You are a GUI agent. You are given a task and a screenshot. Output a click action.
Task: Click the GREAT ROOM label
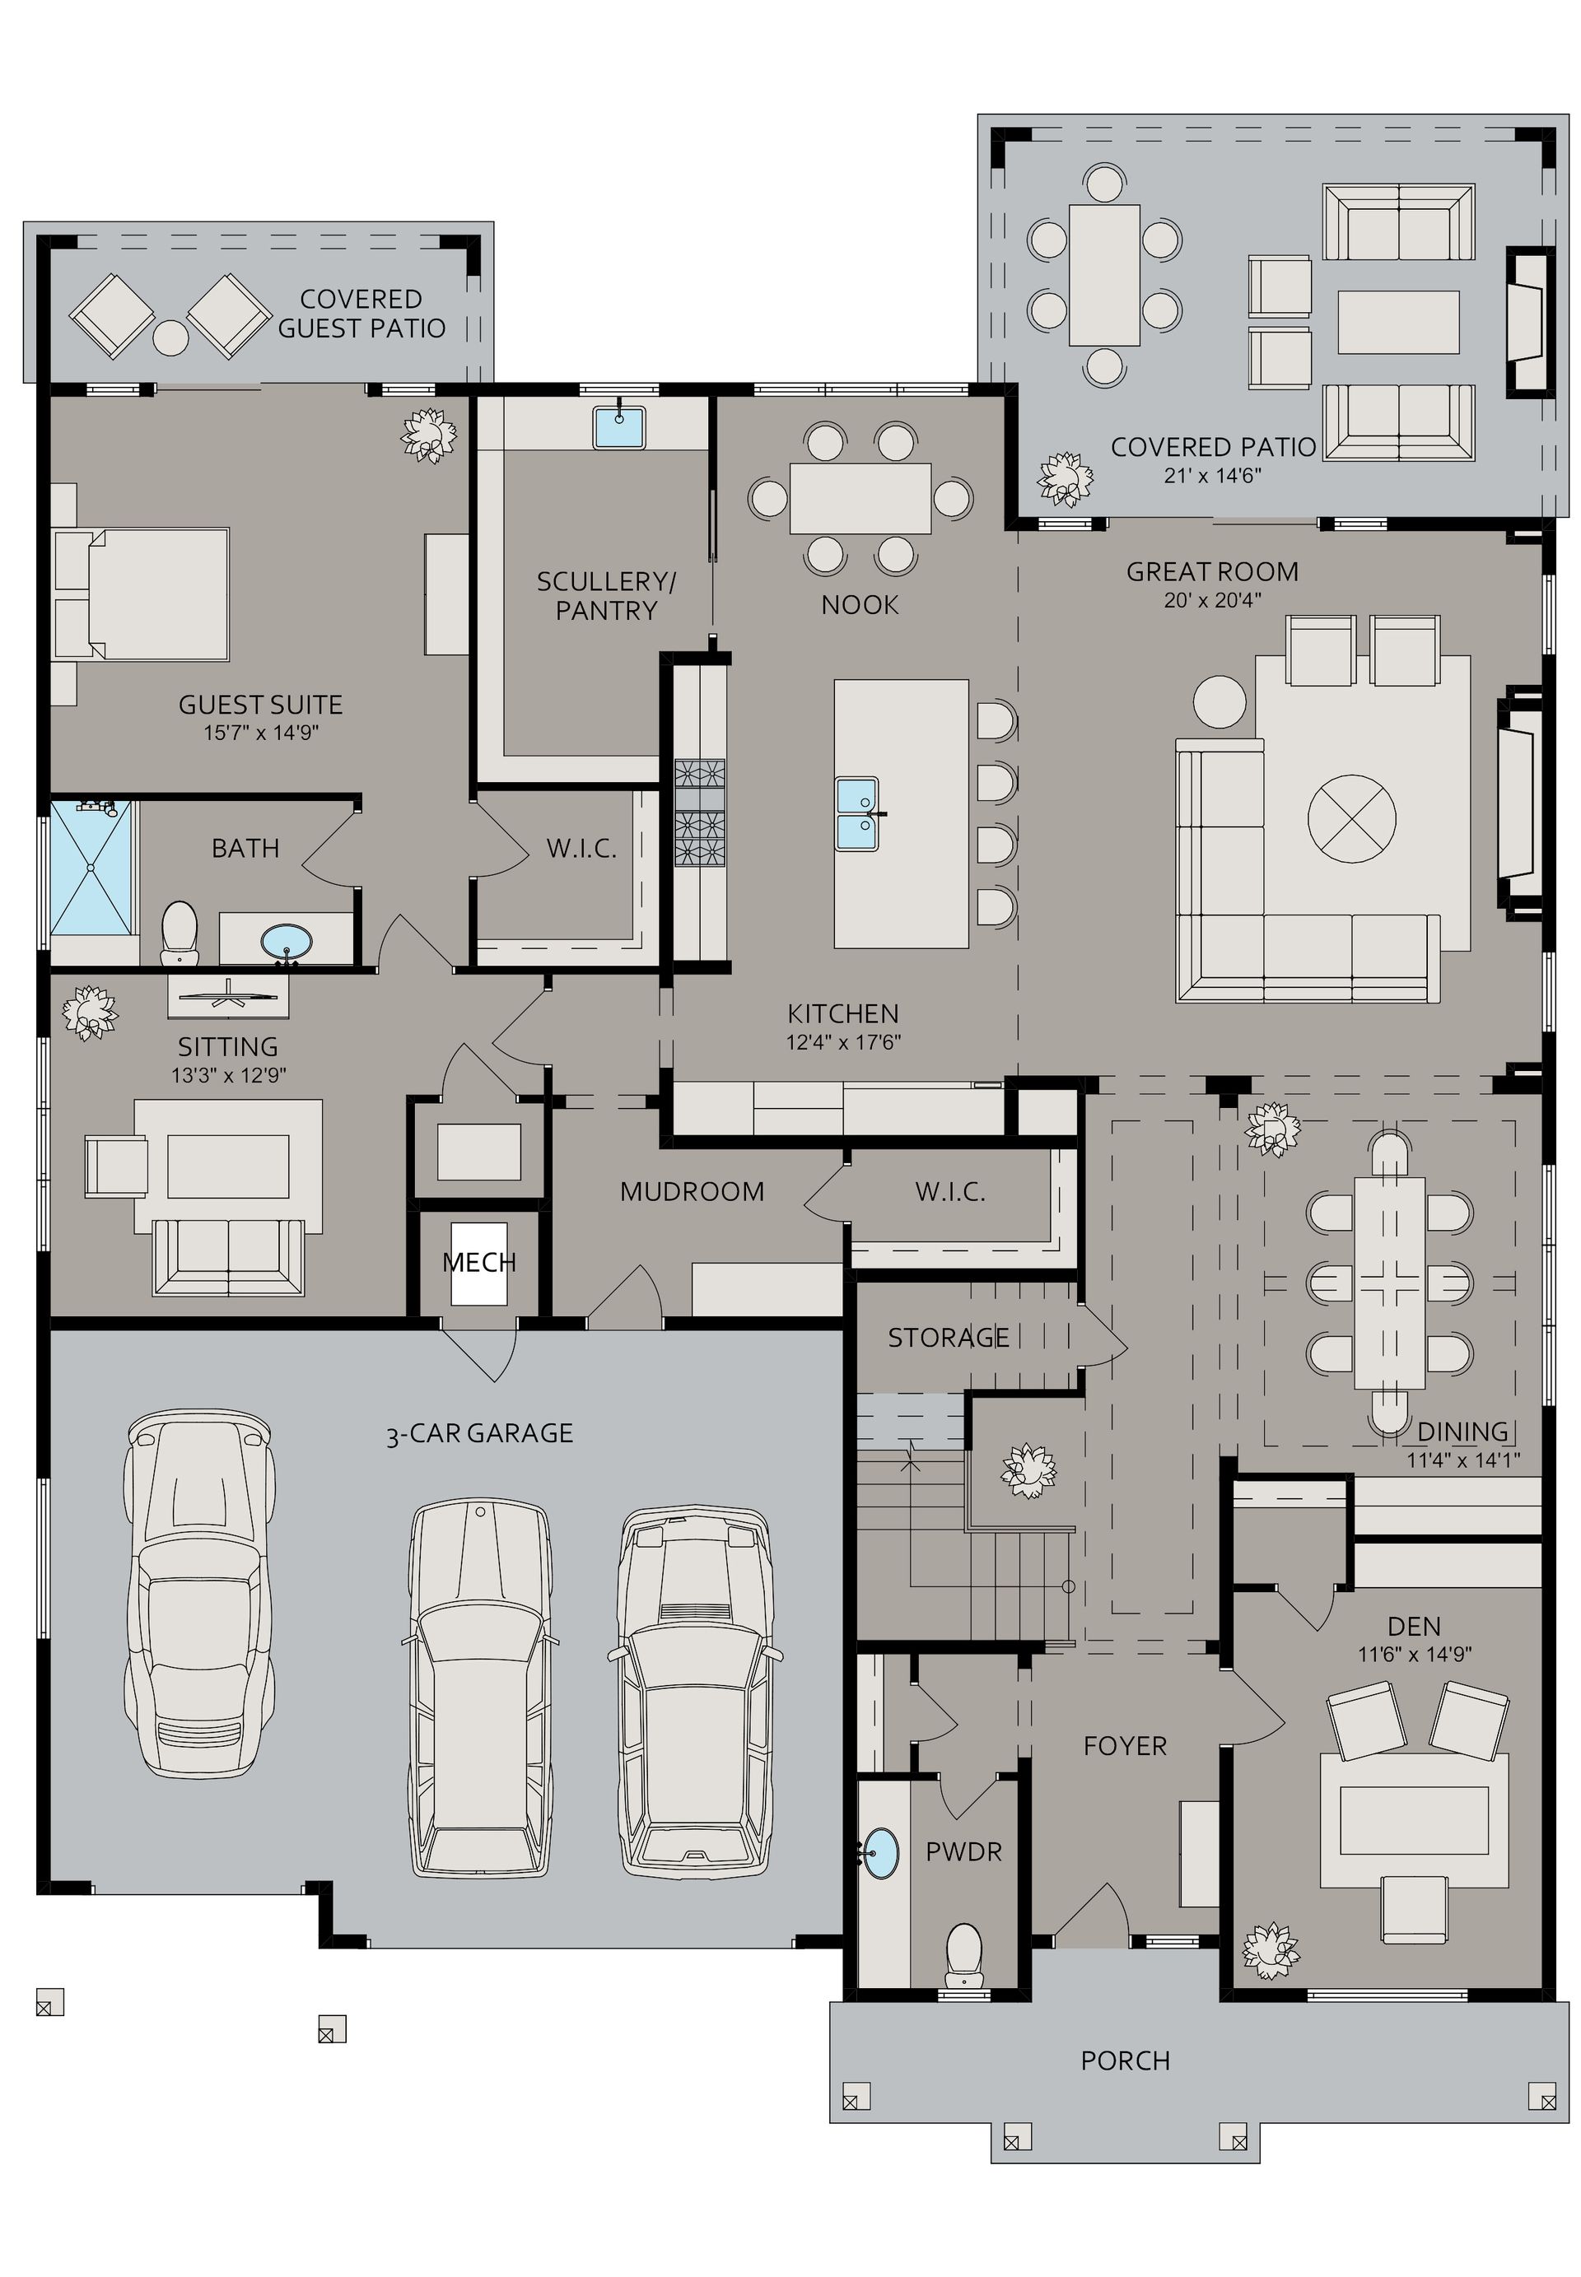[x=1211, y=571]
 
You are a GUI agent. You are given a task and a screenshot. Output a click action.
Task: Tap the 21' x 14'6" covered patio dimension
[x=1211, y=476]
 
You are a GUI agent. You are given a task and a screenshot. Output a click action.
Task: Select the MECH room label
[x=479, y=1262]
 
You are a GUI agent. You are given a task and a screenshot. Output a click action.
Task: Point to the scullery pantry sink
[x=619, y=427]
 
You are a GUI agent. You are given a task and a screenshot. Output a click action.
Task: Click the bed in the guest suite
[x=143, y=594]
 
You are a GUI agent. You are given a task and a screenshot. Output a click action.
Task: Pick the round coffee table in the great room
[x=1351, y=818]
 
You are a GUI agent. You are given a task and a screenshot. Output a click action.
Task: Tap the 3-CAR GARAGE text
[x=479, y=1433]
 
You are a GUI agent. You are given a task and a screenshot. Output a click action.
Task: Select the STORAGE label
[x=948, y=1338]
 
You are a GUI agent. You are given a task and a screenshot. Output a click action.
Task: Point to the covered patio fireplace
[x=1527, y=323]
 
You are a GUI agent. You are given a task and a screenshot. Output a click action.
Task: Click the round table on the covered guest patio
[x=170, y=338]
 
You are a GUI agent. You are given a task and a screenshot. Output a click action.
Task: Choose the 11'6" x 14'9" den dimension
[x=1415, y=1654]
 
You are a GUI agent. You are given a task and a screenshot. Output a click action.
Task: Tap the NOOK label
[x=860, y=604]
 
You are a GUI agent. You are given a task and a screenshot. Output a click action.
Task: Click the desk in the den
[x=1414, y=1819]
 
